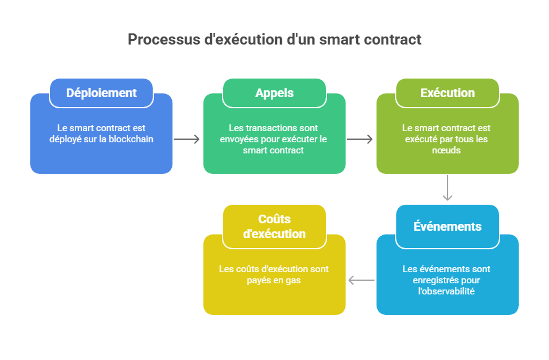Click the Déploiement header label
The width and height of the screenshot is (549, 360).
101,93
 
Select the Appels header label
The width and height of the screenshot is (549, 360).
274,93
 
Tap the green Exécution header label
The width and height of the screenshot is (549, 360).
448,93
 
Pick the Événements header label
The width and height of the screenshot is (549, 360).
448,226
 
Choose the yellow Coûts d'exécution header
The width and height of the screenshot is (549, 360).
274,226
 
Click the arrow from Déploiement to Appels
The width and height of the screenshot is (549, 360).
187,139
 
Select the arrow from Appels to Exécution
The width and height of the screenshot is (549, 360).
360,139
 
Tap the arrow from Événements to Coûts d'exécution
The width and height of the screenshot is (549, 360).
361,280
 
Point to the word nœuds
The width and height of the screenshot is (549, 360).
448,150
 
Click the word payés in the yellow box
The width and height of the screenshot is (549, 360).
260,280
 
